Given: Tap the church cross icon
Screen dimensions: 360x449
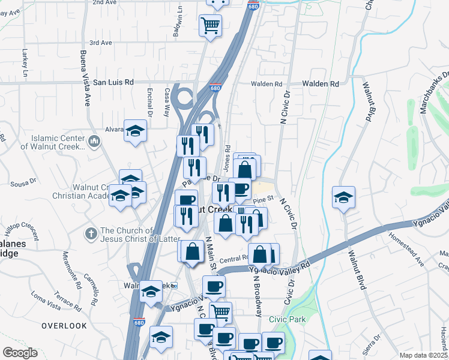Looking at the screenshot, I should pos(91,233).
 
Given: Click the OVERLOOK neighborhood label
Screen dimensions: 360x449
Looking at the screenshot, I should pos(64,325).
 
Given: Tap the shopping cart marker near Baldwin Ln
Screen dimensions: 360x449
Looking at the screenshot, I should pos(211,25).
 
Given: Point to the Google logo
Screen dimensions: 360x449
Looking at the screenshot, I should pos(20,353).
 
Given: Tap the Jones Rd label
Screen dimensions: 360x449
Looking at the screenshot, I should pos(228,155).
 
